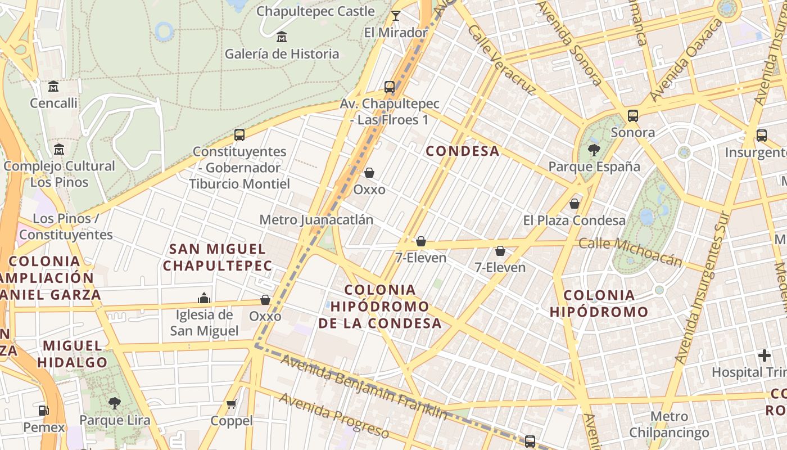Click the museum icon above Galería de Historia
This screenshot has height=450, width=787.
(282, 38)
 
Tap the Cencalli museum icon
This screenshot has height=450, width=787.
(53, 87)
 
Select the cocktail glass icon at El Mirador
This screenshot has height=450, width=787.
(396, 16)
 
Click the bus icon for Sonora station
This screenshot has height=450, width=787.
(633, 116)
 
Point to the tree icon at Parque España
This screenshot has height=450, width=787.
(594, 150)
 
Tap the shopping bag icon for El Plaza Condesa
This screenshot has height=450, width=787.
(575, 204)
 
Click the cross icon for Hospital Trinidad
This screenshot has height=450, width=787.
(764, 355)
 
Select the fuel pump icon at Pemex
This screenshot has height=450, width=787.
(44, 411)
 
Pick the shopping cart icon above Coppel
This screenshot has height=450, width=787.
(231, 404)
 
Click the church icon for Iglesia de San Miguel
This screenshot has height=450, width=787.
(204, 298)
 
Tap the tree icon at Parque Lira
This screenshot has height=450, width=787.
(115, 403)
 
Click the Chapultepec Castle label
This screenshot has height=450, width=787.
(315, 11)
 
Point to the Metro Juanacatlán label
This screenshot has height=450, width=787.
(316, 219)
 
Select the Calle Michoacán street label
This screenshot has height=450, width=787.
(630, 251)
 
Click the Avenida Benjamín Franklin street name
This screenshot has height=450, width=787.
(364, 388)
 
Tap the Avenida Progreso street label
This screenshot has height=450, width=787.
(334, 416)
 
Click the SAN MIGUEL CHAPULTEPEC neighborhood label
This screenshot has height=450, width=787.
(218, 257)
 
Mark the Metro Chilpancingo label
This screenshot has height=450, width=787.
(669, 425)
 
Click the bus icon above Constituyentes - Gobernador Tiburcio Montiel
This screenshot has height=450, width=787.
(239, 135)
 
